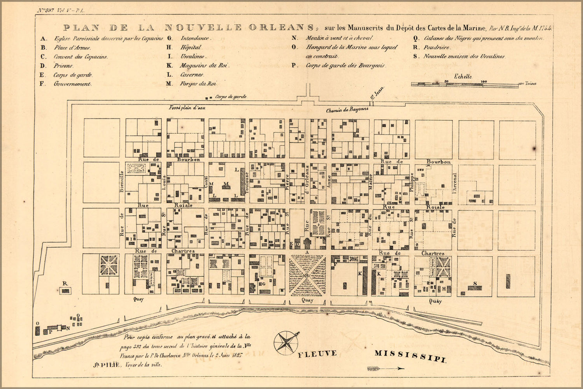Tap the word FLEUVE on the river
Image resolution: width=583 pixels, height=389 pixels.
pos(317,354)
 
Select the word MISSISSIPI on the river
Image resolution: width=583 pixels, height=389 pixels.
pos(410,356)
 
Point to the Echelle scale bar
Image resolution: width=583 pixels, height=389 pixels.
pos(465,84)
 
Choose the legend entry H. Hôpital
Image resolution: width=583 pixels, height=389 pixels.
pos(185,47)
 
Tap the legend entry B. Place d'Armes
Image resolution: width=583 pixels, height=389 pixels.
pos(66,47)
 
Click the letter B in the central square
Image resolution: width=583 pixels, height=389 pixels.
pos(307,276)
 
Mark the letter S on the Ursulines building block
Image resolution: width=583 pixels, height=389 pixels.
pos(475,283)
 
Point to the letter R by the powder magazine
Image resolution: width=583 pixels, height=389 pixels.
pos(65,284)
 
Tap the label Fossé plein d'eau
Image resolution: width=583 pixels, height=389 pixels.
pos(187,107)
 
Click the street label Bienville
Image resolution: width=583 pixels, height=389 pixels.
pos(121,181)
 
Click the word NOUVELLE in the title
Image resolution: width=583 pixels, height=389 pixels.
pos(203,28)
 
